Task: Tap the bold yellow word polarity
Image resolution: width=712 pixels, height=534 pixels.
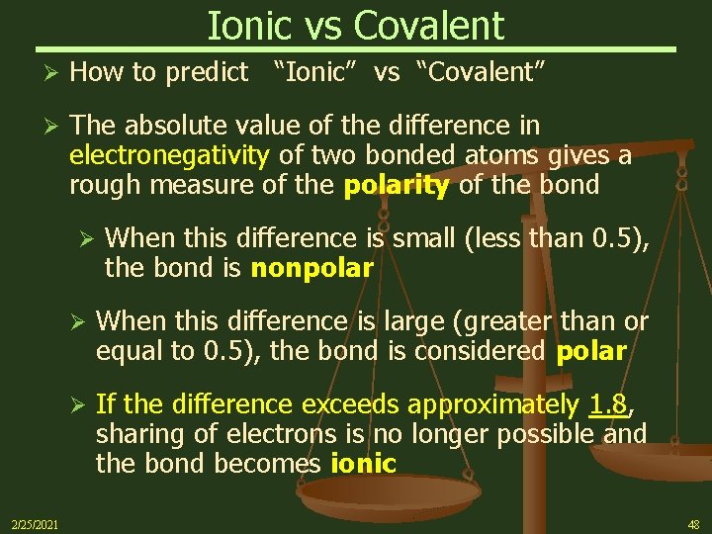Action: (x=396, y=186)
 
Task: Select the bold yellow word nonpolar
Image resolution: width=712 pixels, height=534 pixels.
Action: (x=311, y=267)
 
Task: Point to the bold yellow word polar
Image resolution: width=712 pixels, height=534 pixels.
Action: (x=591, y=351)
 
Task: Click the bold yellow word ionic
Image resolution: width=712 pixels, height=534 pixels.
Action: (x=363, y=463)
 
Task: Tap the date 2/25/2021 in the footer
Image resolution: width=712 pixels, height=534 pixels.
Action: (x=35, y=523)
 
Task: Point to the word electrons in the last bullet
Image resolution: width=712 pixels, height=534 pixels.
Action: (x=311, y=433)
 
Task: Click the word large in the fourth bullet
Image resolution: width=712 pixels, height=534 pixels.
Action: (x=408, y=321)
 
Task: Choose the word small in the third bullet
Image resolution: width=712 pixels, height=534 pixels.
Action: (x=426, y=238)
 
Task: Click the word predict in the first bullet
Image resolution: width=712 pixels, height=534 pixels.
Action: (x=210, y=71)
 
